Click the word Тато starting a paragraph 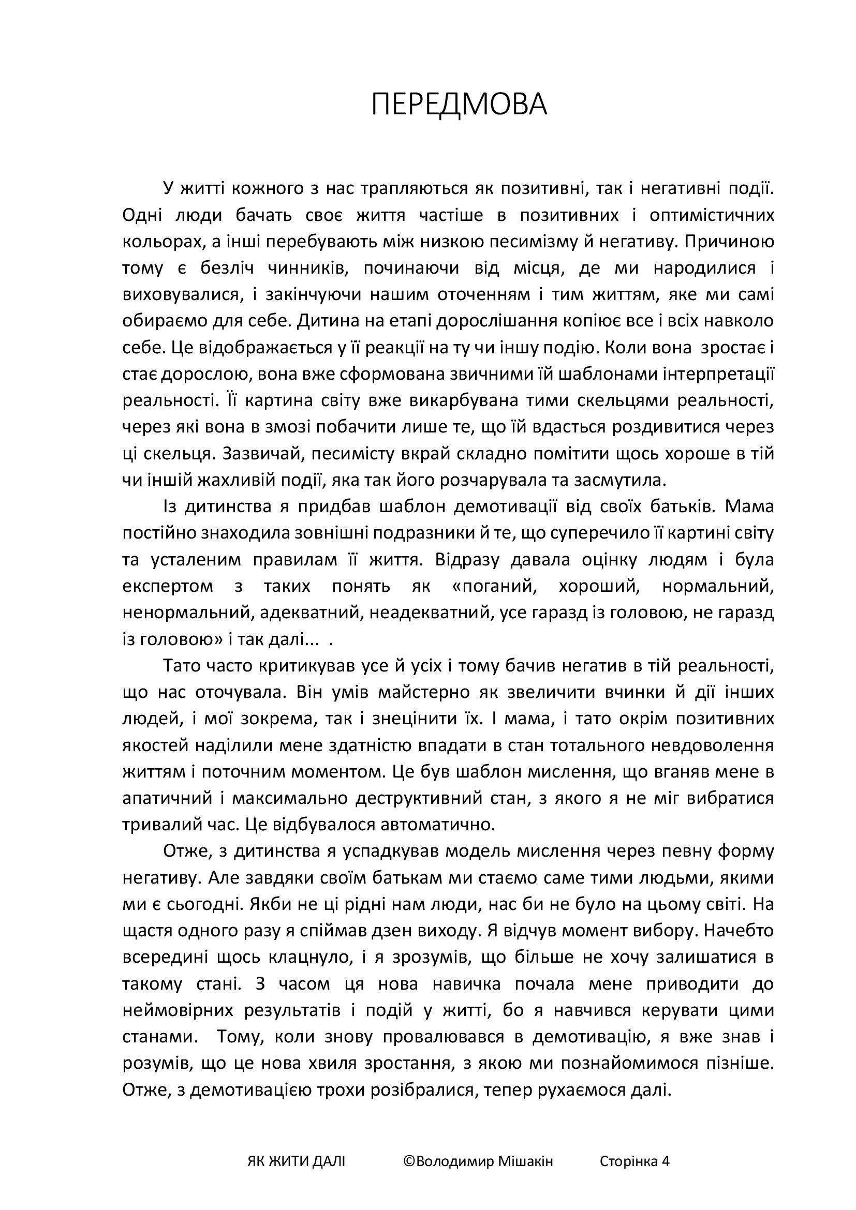[x=183, y=666]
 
